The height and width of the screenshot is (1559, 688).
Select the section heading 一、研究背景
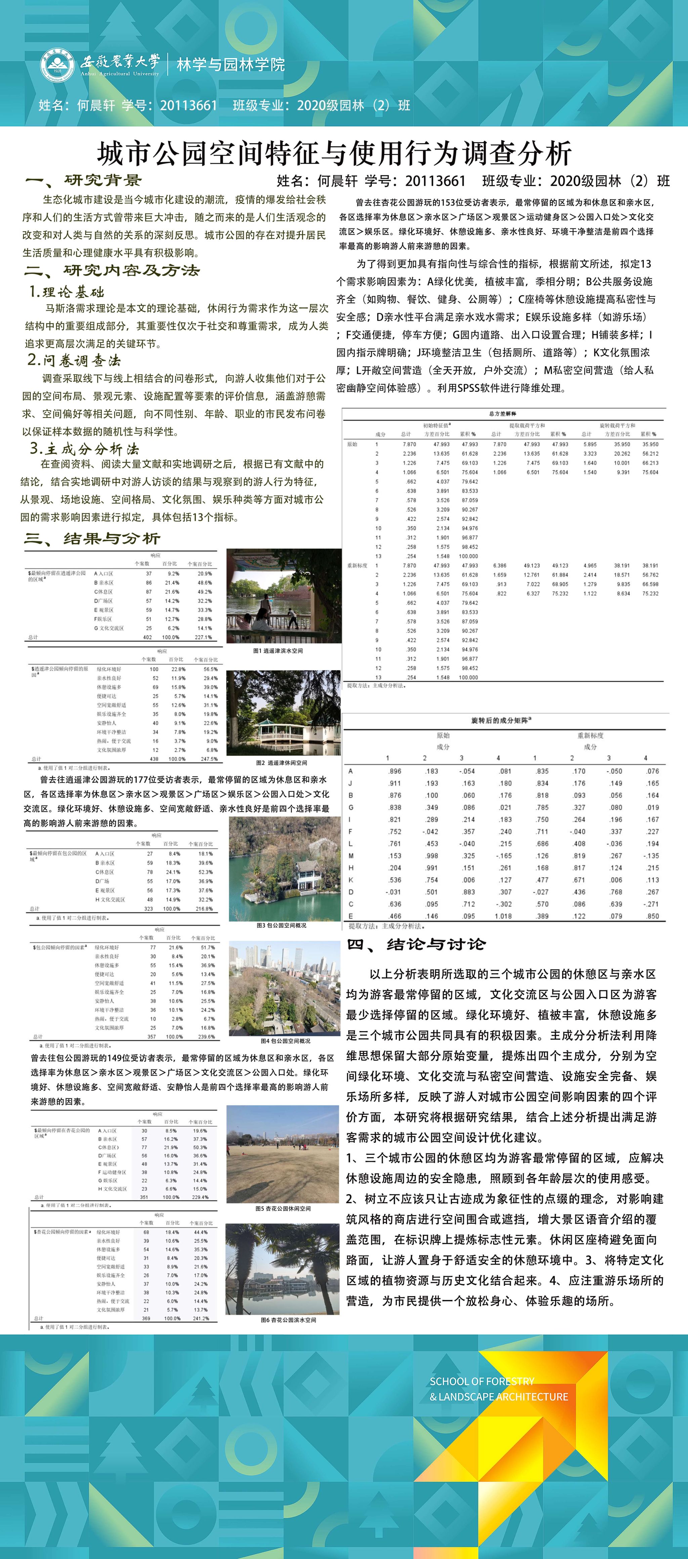click(x=84, y=180)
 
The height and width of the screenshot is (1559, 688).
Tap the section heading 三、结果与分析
click(x=92, y=538)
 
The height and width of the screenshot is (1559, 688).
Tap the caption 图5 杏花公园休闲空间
click(x=283, y=1209)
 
